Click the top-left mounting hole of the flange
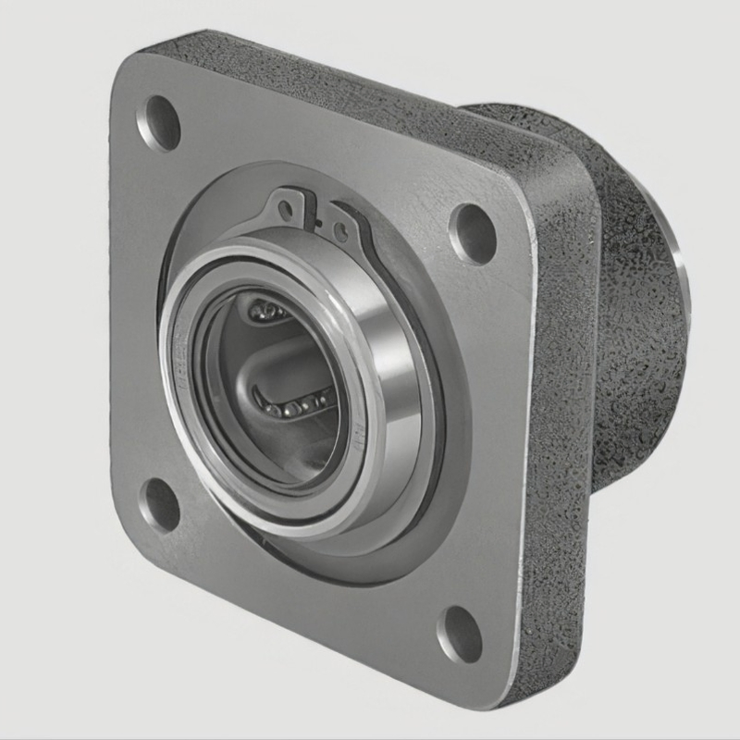(x=158, y=122)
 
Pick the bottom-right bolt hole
(x=460, y=634)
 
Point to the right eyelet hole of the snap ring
(x=341, y=228)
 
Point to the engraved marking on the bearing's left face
(x=182, y=365)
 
